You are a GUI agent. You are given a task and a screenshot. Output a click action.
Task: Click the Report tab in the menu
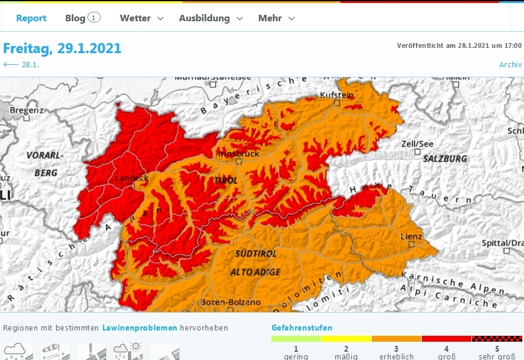(31, 18)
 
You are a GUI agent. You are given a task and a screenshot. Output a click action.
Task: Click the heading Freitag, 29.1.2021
(63, 48)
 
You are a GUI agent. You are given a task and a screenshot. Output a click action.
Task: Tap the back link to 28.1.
(22, 65)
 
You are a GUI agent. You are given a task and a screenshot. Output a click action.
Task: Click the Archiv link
(510, 65)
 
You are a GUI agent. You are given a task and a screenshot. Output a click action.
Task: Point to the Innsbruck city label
(238, 153)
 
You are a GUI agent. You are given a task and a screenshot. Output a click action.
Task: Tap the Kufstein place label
(336, 95)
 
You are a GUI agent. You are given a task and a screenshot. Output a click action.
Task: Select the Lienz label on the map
(411, 237)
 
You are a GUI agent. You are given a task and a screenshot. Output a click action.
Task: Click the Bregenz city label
(27, 110)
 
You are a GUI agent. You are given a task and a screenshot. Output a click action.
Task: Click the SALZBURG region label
(445, 159)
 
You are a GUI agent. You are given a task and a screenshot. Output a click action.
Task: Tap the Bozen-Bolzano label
(231, 302)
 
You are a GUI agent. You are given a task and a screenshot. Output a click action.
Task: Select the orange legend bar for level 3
(397, 339)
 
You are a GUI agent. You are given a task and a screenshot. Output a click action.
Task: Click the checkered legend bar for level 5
(497, 339)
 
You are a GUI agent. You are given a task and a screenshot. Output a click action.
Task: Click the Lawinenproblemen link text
(140, 328)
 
